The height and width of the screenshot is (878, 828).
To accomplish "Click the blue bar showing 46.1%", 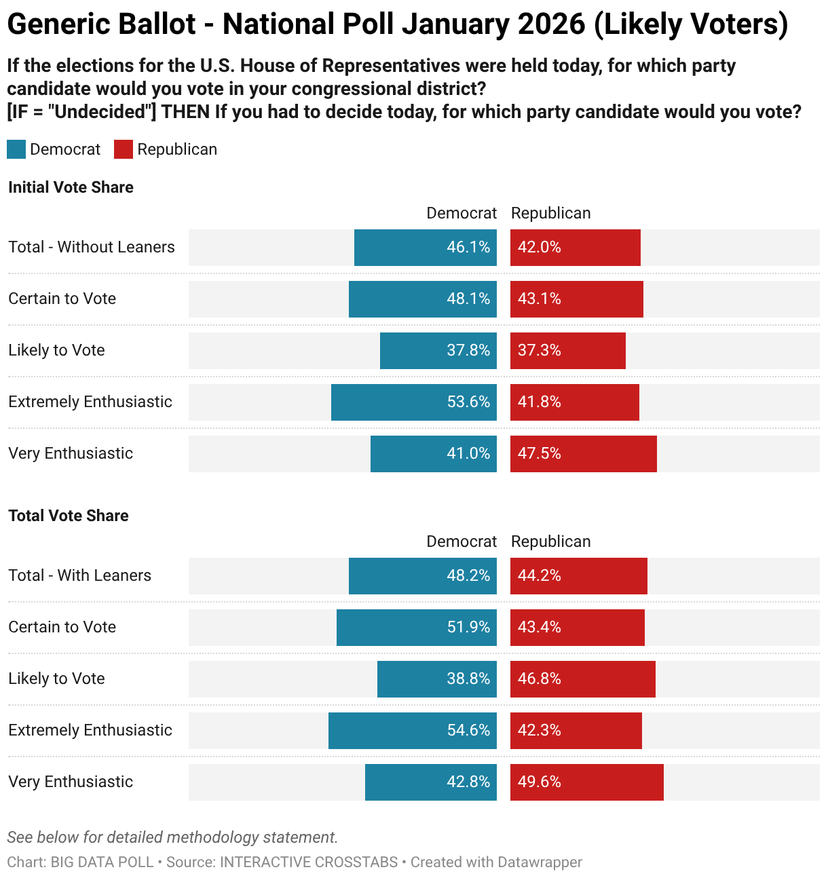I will pos(425,248).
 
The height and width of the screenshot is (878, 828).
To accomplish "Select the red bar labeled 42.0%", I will pos(575,248).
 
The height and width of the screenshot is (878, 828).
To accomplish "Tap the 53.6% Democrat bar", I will pos(413,402).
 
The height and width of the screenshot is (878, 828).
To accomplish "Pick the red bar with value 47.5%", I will pos(583,454).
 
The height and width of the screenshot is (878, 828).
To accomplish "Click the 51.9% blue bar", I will pos(416,628).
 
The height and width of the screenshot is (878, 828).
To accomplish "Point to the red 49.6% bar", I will pos(586,782).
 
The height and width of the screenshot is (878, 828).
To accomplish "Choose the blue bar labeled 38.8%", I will pos(436,679).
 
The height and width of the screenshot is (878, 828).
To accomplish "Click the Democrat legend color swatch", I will pos(16,149).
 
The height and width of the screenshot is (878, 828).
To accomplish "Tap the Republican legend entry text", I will pos(177,149).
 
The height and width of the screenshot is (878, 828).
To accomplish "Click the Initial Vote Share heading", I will pos(71,187).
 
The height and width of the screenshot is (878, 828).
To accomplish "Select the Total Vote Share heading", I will pos(68,516).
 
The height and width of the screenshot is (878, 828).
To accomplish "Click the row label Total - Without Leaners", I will pos(92,247).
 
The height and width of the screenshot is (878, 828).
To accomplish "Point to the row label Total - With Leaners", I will pos(80,575).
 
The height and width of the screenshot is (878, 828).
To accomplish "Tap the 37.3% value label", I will pos(539,351).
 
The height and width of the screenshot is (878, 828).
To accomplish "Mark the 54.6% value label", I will pos(468,731).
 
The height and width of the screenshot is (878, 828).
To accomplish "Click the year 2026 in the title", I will pos(550,24).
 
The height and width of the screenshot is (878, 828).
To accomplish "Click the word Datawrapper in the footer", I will pos(540,862).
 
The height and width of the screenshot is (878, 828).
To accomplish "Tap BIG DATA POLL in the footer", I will pos(102,862).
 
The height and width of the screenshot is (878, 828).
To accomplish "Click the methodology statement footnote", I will pos(172,837).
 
